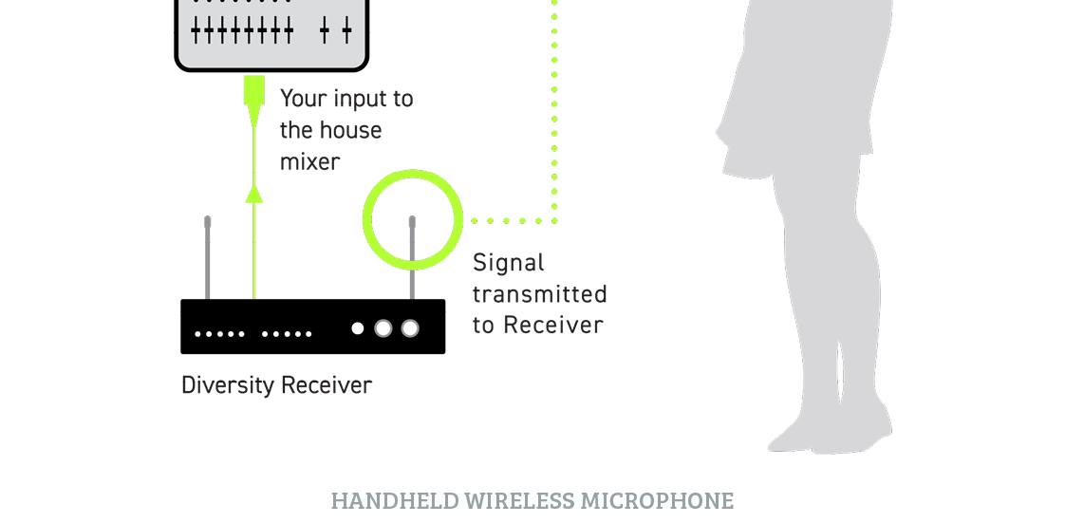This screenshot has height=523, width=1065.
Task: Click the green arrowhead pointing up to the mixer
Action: [x=252, y=194]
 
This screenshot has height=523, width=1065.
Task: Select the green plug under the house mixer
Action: [x=252, y=91]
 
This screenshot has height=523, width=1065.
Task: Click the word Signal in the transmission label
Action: [x=509, y=262]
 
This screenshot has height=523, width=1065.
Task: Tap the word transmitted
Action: [x=539, y=293]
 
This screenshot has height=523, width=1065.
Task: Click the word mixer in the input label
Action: [x=309, y=161]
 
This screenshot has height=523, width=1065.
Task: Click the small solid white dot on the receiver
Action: [x=358, y=328]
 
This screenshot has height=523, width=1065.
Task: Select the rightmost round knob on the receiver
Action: [x=410, y=328]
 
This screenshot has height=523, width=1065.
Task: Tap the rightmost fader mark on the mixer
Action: [x=347, y=31]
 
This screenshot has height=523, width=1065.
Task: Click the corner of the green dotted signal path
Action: [x=554, y=220]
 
